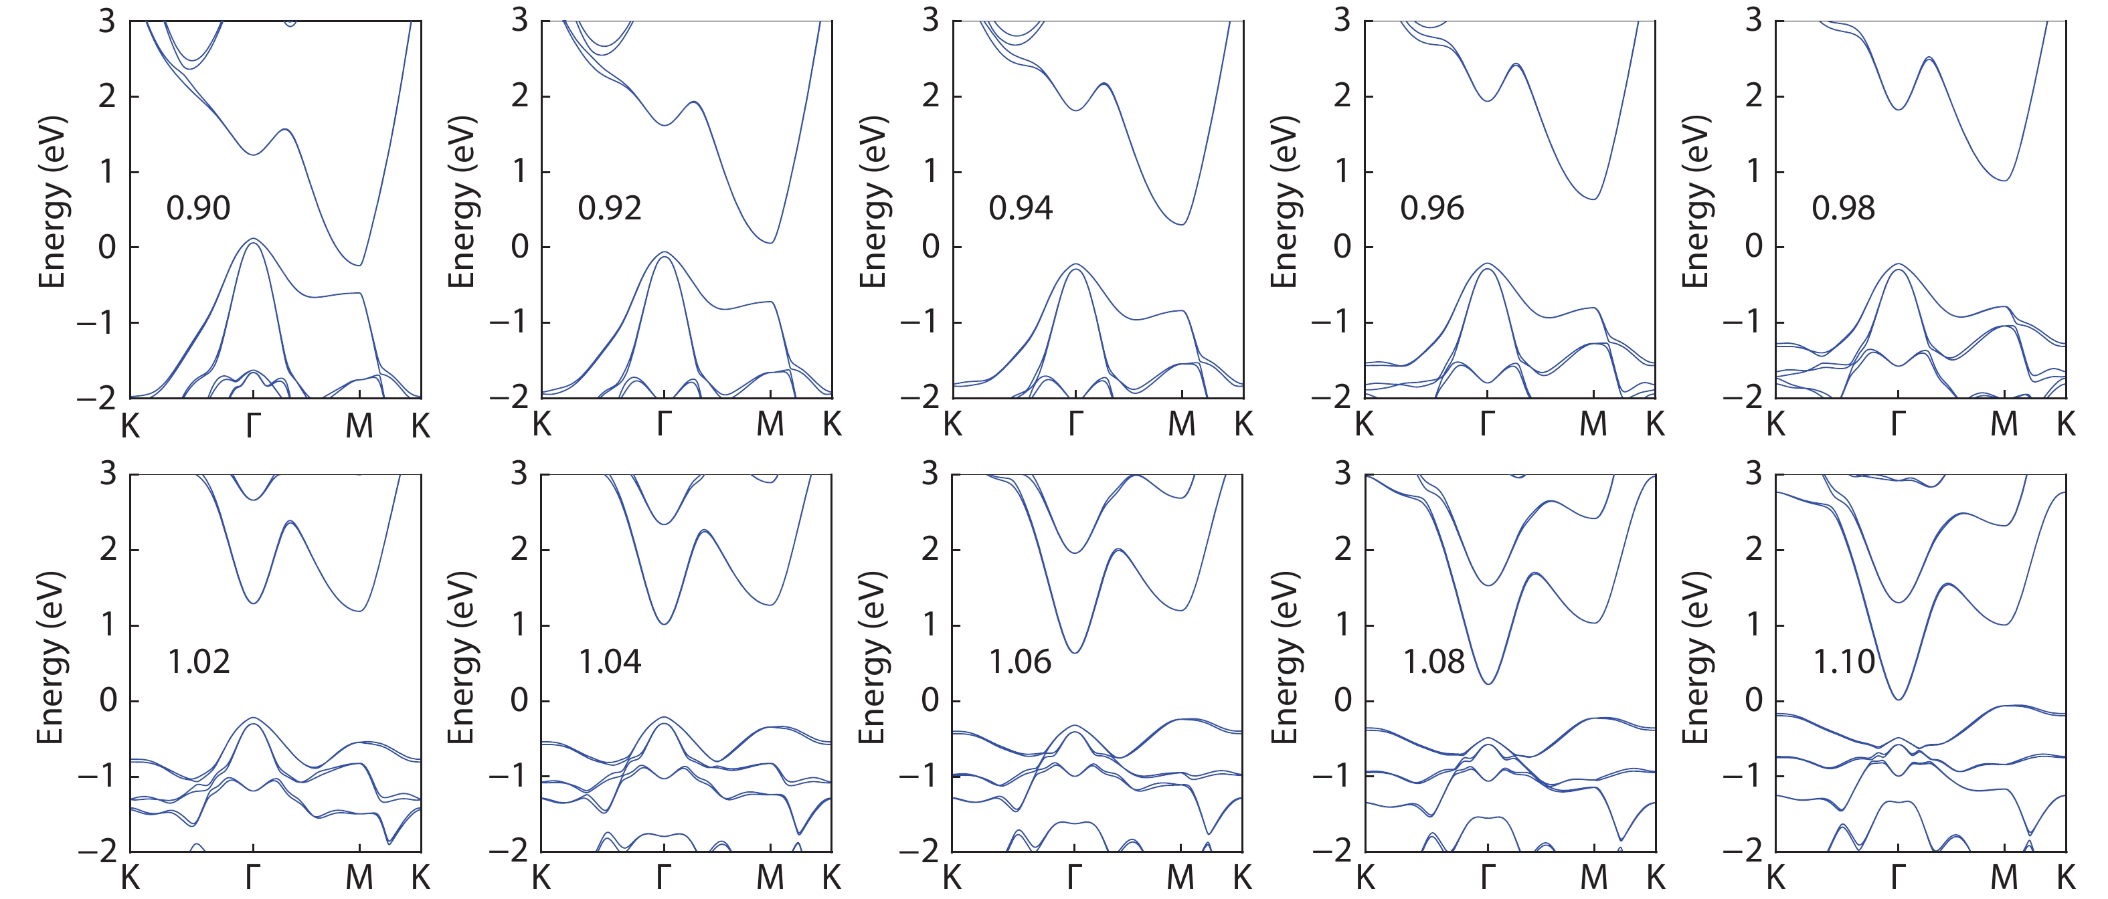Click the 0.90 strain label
point(198,209)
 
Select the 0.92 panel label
point(610,209)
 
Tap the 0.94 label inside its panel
point(1021,209)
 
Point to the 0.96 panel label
point(1432,209)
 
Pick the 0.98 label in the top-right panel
point(1843,209)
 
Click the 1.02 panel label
point(199,662)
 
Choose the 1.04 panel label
point(610,662)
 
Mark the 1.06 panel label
point(1020,662)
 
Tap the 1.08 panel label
point(1433,662)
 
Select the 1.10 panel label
point(1844,662)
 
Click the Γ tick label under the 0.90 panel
point(254,425)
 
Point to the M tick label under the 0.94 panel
point(1182,425)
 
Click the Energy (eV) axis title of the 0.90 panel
point(52,202)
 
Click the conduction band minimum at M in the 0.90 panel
point(359,265)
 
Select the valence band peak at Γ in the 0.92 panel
point(665,252)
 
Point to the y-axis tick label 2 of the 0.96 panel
point(1342,96)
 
